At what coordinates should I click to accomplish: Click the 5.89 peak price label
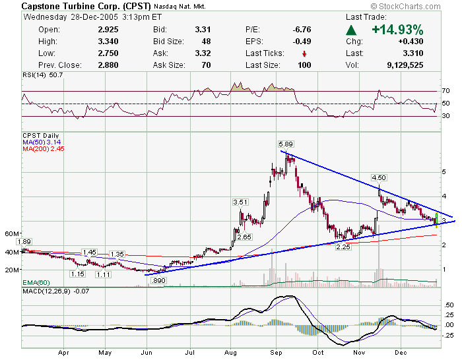tap(286, 144)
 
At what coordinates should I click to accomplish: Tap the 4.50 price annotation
tap(379, 178)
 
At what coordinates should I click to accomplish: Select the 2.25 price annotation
tap(343, 247)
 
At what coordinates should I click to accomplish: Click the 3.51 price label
tap(240, 202)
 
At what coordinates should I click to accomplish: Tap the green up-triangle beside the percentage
tap(352, 30)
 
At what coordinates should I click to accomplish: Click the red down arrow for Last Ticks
tap(304, 53)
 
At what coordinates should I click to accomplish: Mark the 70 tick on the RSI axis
tap(446, 91)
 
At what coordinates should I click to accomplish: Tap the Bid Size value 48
tap(201, 42)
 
